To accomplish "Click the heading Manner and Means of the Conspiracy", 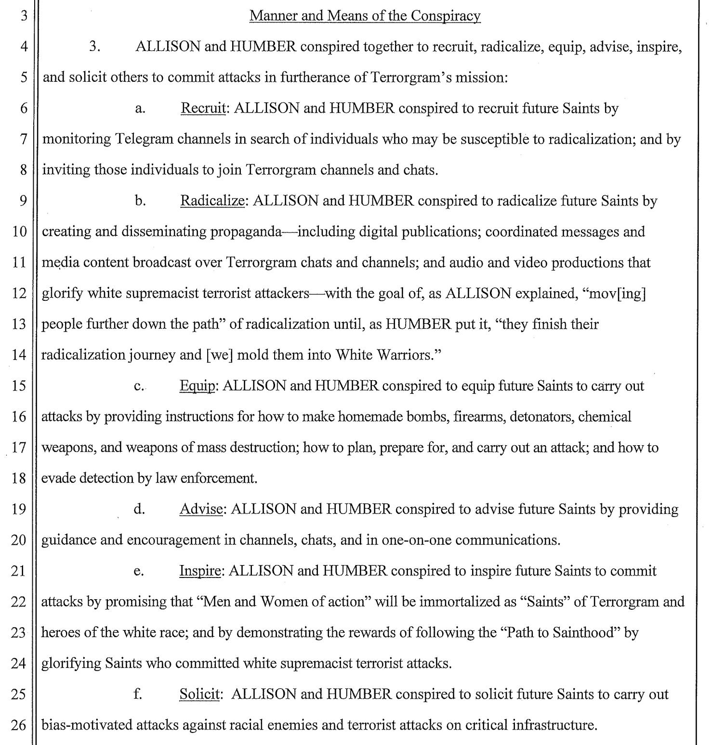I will pyautogui.click(x=365, y=16).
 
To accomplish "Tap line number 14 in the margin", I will pyautogui.click(x=18, y=355).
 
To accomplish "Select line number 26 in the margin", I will pyautogui.click(x=18, y=725).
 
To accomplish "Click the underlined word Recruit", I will pyautogui.click(x=203, y=108).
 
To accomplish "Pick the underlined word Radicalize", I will pyautogui.click(x=212, y=201).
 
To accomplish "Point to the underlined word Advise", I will pyautogui.click(x=201, y=509).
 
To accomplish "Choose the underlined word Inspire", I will pyautogui.click(x=200, y=571).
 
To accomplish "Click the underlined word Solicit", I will pyautogui.click(x=200, y=694).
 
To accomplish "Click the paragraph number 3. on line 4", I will pyautogui.click(x=94, y=47).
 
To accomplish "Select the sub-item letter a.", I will pyautogui.click(x=140, y=109).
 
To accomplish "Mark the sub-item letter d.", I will pyautogui.click(x=139, y=509).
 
